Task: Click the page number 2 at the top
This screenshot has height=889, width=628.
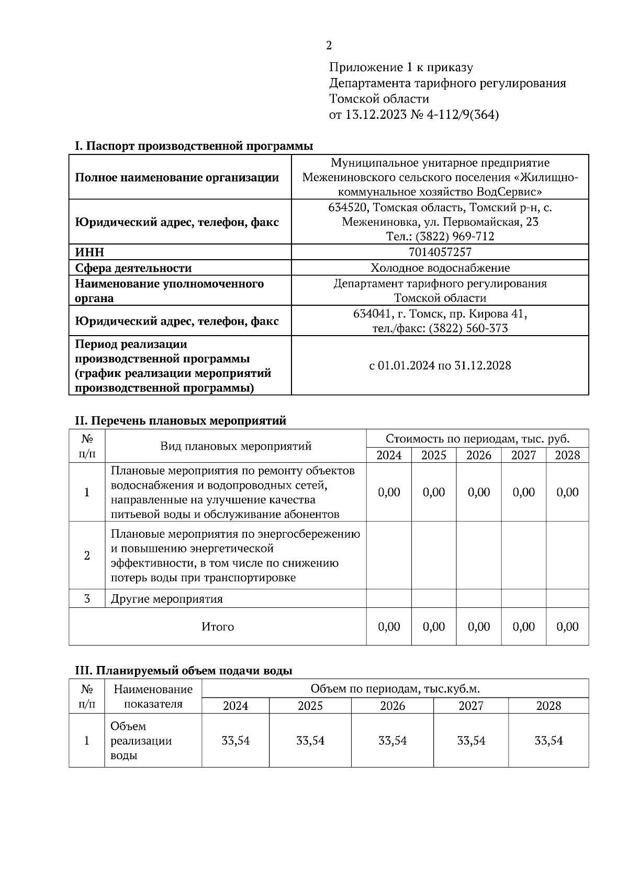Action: pos(329,46)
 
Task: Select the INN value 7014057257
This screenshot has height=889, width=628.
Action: pos(440,252)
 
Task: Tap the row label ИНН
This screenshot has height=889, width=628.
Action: pos(89,252)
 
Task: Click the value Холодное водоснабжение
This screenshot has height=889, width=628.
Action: pos(440,268)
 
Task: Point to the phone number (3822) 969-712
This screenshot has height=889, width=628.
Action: pos(454,237)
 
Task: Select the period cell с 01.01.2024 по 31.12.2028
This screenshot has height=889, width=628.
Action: pos(440,365)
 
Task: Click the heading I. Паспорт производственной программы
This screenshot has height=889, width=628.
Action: pos(194,146)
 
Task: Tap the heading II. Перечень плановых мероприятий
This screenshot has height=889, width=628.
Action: pos(181,420)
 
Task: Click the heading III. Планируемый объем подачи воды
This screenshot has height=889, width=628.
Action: pos(184,671)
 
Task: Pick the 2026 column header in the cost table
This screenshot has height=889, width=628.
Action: pos(478,455)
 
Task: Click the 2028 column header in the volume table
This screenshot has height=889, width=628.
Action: pos(548,706)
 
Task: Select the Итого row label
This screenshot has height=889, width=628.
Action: pos(218,627)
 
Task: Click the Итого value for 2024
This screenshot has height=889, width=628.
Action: pos(388,627)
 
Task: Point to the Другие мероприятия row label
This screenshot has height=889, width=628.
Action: pos(166,599)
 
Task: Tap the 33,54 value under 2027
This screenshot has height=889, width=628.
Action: pos(470,741)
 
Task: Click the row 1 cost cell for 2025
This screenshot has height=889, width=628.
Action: pos(433,492)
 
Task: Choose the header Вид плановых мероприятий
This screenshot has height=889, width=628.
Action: pos(235,446)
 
